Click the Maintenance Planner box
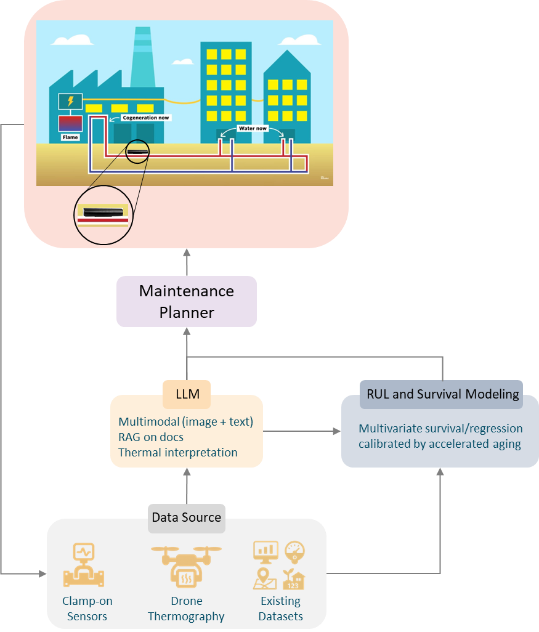pos(187,301)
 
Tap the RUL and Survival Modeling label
pos(441,394)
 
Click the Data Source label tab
pos(186,517)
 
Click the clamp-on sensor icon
pos(84,565)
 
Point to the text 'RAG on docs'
pos(151,437)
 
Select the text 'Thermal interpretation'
pos(177,452)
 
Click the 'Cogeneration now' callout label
pos(146,117)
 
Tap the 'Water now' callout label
pos(252,128)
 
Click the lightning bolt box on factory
pos(70,102)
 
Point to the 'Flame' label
pos(70,137)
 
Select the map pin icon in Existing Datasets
pos(265,578)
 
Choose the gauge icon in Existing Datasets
pos(294,551)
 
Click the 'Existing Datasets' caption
pos(280,608)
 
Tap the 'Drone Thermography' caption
pos(186,608)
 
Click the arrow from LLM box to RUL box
pos(302,431)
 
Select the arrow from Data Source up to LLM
pos(186,487)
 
